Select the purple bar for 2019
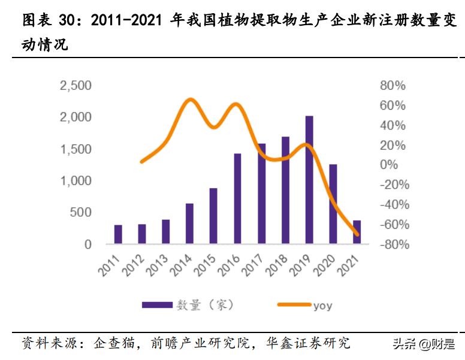[x=309, y=180]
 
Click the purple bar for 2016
[x=237, y=199]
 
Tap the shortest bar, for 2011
[x=118, y=234]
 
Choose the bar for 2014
[x=189, y=223]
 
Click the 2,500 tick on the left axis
[x=75, y=86]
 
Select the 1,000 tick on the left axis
[x=75, y=181]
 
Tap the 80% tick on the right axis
[x=392, y=86]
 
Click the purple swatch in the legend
[x=157, y=305]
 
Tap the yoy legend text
[x=322, y=305]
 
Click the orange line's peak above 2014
[x=190, y=99]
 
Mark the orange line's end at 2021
[x=357, y=234]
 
